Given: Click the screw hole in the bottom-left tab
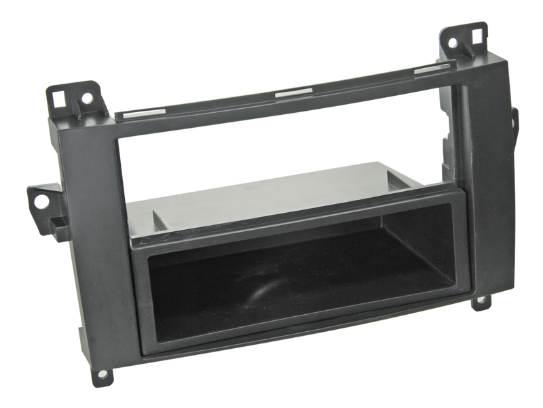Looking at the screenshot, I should point(103,373).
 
